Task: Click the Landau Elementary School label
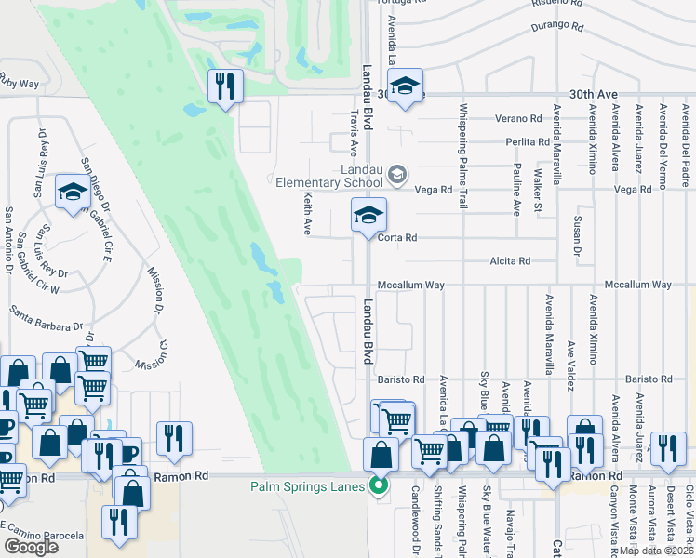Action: tap(328, 174)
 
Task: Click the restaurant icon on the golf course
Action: tap(224, 86)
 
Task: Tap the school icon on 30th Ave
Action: tap(405, 86)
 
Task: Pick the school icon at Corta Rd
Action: tap(368, 216)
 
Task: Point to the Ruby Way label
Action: tap(20, 83)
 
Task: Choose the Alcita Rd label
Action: tap(510, 262)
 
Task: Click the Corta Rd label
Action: tap(398, 238)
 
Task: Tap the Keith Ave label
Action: tap(307, 214)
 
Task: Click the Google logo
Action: tap(32, 546)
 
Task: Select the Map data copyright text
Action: tap(655, 551)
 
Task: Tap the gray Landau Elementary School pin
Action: tap(397, 174)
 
